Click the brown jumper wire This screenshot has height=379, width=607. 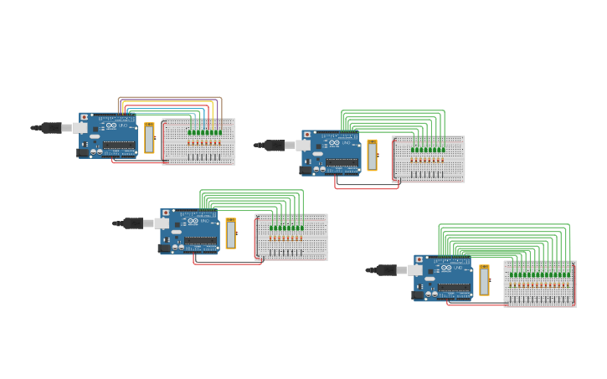coord(167,97)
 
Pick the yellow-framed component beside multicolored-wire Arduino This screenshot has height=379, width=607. coord(149,138)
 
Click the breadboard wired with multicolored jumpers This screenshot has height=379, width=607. coord(199,151)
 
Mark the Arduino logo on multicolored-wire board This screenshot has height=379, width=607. coord(111,125)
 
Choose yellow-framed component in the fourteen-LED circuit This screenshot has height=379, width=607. coord(484,280)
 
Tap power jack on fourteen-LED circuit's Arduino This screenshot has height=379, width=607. coord(418,294)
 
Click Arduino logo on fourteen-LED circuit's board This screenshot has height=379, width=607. coord(446,268)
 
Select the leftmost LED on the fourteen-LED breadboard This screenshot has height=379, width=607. coord(512,274)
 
